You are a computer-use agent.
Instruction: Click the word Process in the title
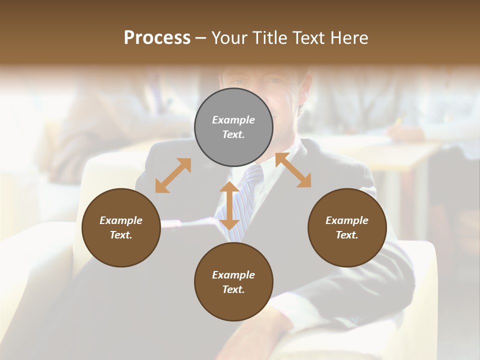(157, 38)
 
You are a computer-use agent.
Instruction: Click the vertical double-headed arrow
(229, 205)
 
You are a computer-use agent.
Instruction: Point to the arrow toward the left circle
(173, 175)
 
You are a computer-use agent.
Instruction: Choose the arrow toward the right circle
(293, 170)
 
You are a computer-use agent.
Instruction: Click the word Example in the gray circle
(233, 120)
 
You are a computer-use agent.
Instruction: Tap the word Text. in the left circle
(121, 235)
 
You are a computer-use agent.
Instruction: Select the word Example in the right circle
(347, 220)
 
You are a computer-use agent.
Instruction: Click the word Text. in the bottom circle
(233, 289)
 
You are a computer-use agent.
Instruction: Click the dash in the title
(200, 38)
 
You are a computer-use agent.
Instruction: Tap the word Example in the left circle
(121, 220)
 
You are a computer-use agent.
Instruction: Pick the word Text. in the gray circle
(233, 134)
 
